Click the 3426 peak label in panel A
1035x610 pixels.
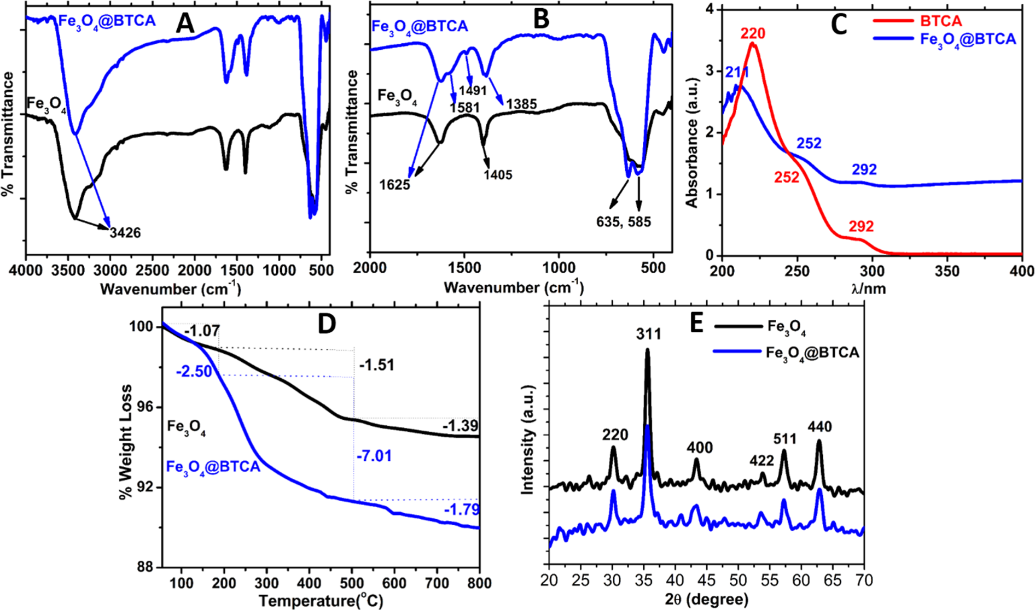click(x=126, y=233)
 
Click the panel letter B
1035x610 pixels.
click(x=540, y=20)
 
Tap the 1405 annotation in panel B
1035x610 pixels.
click(x=497, y=175)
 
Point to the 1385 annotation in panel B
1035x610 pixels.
click(x=521, y=104)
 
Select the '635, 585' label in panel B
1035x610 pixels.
click(x=624, y=222)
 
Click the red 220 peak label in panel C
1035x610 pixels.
click(x=752, y=34)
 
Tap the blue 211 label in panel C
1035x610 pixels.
click(x=736, y=73)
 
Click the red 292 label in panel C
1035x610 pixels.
click(x=861, y=226)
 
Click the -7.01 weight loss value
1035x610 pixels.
click(x=374, y=456)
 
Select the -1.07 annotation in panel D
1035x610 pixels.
click(x=202, y=331)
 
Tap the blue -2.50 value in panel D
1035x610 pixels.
click(x=194, y=372)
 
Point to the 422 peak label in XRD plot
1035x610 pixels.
click(x=761, y=460)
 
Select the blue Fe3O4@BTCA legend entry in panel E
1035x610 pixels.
click(x=813, y=353)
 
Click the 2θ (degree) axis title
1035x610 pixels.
click(x=706, y=599)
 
